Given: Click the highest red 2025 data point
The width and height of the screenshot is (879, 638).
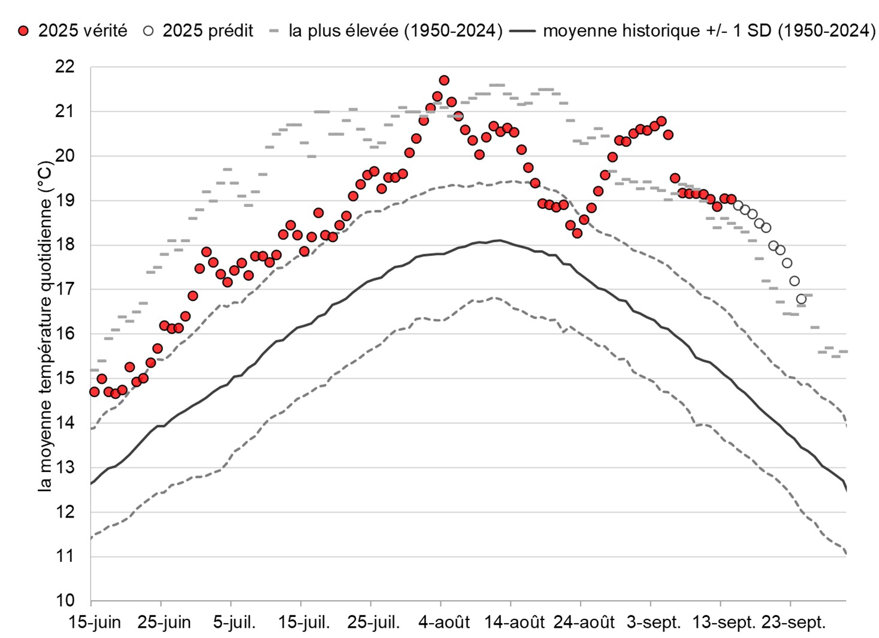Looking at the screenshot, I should [444, 80].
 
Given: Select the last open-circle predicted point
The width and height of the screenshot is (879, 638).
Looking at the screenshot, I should [801, 299].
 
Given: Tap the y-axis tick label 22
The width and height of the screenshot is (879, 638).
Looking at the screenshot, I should [65, 67].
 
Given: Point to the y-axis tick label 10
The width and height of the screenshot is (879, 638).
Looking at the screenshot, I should [65, 601].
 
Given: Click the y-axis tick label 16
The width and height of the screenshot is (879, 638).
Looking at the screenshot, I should [65, 334].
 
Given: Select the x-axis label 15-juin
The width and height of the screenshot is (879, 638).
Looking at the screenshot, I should [95, 622].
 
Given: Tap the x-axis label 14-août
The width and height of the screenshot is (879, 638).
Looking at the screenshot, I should [515, 622].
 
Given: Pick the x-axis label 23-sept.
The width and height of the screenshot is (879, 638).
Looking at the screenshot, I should [793, 622].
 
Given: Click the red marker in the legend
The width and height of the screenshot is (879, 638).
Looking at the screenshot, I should [23, 31].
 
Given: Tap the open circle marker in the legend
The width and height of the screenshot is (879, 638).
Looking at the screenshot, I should [149, 31].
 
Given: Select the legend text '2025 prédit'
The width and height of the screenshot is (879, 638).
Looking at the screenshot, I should [207, 31].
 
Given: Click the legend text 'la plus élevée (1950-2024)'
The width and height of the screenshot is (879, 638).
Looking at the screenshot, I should [395, 31].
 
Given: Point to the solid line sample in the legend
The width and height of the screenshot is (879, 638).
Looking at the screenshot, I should [523, 31].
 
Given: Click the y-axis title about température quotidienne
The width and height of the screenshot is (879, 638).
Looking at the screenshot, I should [45, 326].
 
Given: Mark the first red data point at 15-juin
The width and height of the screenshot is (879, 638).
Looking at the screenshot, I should [94, 392].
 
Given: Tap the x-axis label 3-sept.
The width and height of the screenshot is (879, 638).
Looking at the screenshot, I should [654, 622].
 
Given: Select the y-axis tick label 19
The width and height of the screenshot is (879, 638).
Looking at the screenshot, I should [65, 201].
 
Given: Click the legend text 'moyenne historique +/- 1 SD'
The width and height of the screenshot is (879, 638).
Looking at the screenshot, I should [709, 31].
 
